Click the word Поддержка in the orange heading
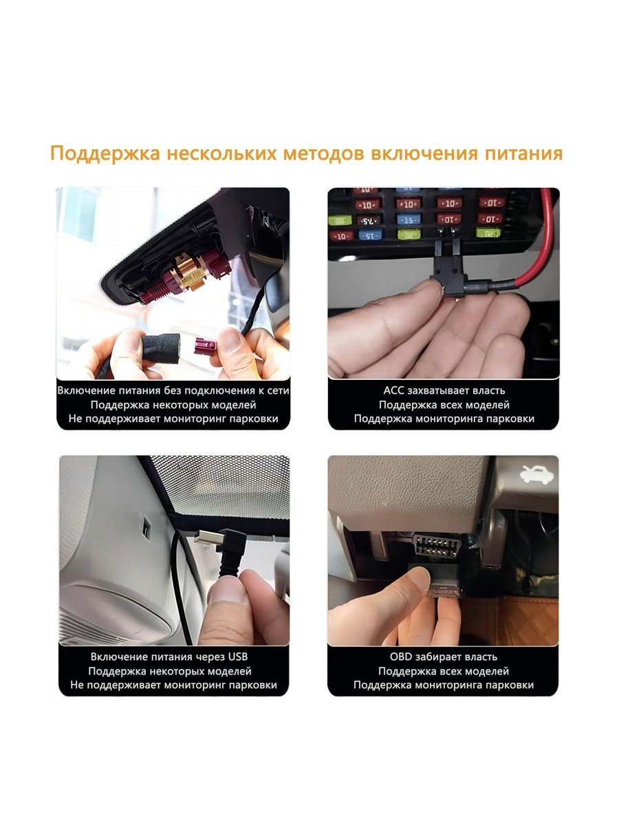pyautogui.click(x=105, y=154)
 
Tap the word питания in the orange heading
pyautogui.click(x=523, y=154)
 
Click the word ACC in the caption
pyautogui.click(x=393, y=390)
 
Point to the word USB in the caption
pyautogui.click(x=238, y=657)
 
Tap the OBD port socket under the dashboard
pyautogui.click(x=435, y=545)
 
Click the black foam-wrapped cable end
pyautogui.click(x=162, y=348)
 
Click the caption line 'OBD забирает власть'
pyautogui.click(x=444, y=657)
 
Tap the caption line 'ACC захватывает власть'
pyautogui.click(x=444, y=390)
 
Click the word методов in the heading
pyautogui.click(x=323, y=154)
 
